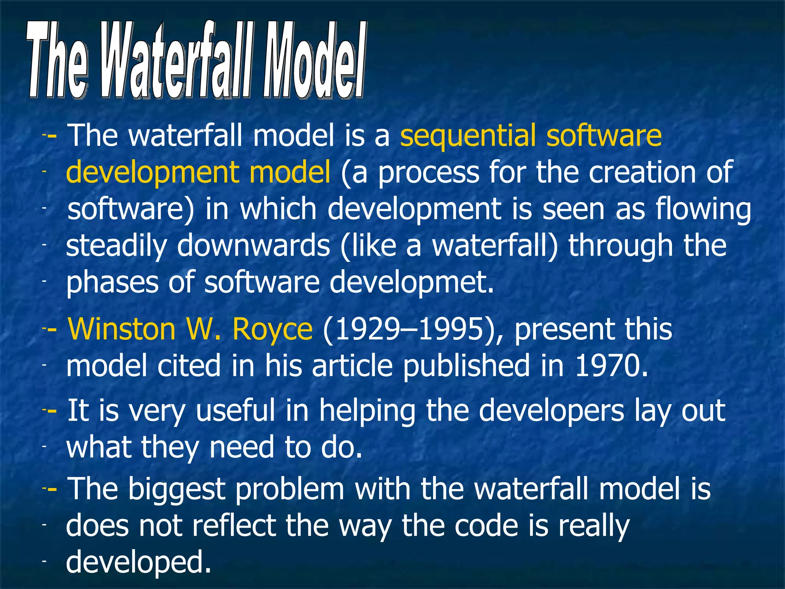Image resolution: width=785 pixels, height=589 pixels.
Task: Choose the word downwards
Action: (x=253, y=246)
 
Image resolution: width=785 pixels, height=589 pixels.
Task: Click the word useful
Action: (x=235, y=410)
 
